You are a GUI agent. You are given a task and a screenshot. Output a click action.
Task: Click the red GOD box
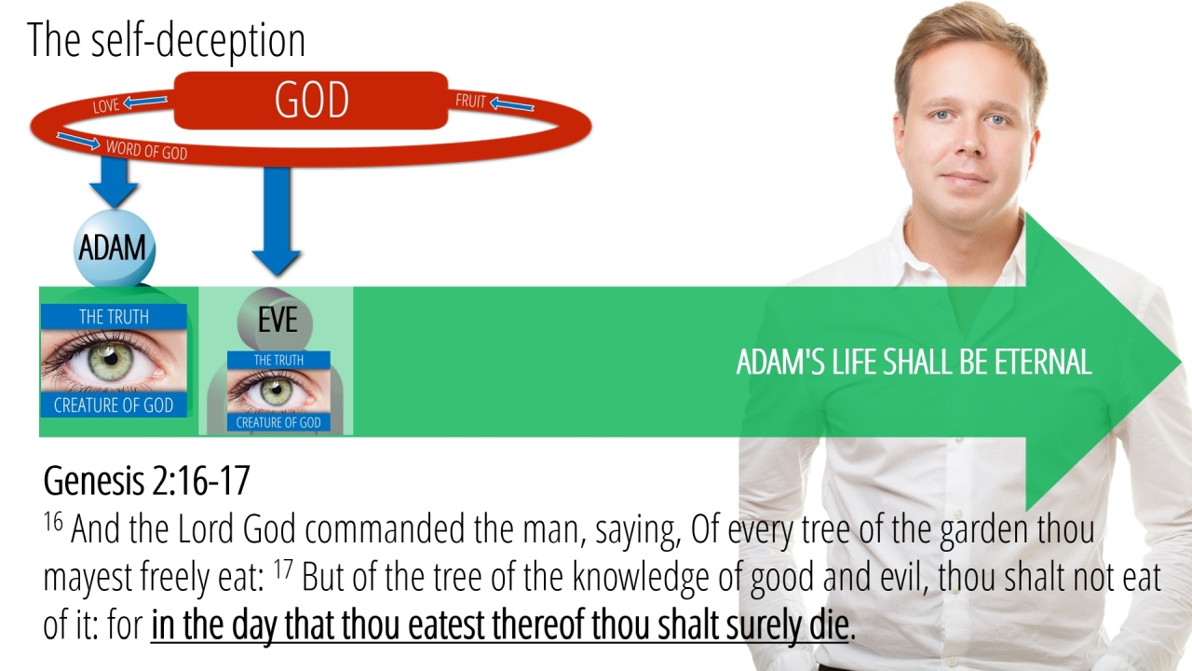tap(311, 101)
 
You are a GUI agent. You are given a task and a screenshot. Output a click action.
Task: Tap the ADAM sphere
tap(114, 249)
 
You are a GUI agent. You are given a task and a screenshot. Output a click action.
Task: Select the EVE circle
tap(275, 320)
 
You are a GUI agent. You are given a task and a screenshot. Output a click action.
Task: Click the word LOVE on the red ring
tap(106, 105)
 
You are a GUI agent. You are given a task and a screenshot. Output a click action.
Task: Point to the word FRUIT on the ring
tap(470, 101)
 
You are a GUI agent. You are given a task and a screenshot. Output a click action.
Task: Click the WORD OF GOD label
tap(146, 150)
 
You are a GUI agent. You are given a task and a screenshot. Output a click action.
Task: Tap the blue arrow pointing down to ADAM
tap(114, 182)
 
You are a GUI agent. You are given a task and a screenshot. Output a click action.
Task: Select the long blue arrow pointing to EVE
tap(277, 221)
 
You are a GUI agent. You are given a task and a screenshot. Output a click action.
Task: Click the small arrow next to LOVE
tap(145, 102)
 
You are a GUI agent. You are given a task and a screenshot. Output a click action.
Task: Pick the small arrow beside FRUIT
tap(511, 103)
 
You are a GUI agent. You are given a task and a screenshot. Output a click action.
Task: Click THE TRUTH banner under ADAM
tap(114, 316)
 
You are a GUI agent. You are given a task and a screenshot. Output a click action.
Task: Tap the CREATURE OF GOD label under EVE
tap(278, 422)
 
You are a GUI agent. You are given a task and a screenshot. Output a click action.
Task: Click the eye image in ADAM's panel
tap(114, 361)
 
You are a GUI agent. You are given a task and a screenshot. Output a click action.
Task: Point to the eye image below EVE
tap(278, 390)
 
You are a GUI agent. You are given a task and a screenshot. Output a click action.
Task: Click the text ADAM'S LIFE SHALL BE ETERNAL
tap(914, 363)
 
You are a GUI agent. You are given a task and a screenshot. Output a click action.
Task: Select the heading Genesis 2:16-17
tap(146, 480)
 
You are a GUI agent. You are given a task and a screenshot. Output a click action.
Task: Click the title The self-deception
tap(166, 40)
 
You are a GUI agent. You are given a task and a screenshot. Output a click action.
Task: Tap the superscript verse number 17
tap(283, 568)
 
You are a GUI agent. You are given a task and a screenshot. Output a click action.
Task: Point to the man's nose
tap(966, 140)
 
